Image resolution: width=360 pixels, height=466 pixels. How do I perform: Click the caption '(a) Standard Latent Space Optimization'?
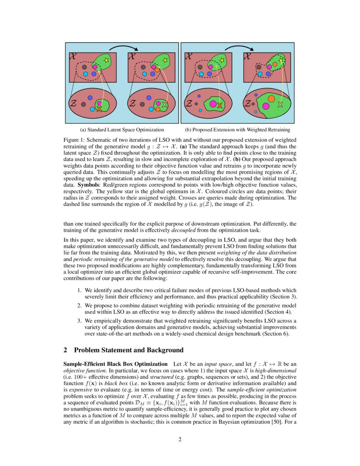[x=122, y=130]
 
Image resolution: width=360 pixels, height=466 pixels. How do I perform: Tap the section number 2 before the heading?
[x=65, y=350]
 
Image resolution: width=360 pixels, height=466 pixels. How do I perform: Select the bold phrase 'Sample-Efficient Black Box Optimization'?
[x=115, y=364]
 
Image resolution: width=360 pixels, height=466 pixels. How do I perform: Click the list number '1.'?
[x=79, y=290]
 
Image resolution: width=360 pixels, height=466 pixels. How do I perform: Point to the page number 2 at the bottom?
[x=180, y=439]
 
